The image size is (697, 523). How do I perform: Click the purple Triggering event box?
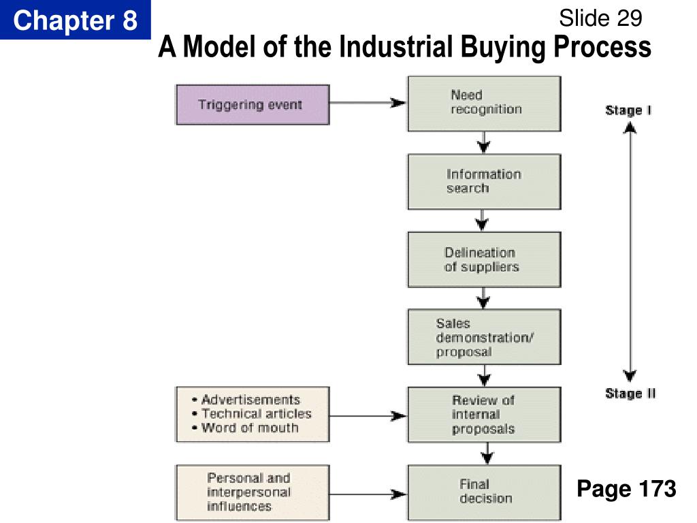(253, 104)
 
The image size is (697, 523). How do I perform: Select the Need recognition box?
(484, 103)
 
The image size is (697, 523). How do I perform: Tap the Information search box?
(484, 181)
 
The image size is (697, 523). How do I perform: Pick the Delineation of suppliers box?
(484, 259)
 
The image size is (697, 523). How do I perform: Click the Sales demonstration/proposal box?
(484, 337)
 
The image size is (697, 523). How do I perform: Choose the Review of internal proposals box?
(484, 415)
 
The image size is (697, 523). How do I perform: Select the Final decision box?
(484, 492)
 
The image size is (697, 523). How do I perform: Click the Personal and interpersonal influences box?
(253, 492)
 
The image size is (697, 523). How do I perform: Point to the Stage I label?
(628, 110)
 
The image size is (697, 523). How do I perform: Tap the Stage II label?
(630, 394)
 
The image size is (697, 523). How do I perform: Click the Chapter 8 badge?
(75, 20)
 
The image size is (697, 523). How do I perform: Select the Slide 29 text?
(600, 18)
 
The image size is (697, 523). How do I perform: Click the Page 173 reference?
(626, 489)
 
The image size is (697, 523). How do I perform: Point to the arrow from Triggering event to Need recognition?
(368, 103)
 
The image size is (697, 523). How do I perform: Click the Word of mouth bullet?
(250, 428)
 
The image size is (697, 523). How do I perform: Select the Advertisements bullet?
(250, 400)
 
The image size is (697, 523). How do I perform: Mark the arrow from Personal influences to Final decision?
(368, 492)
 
